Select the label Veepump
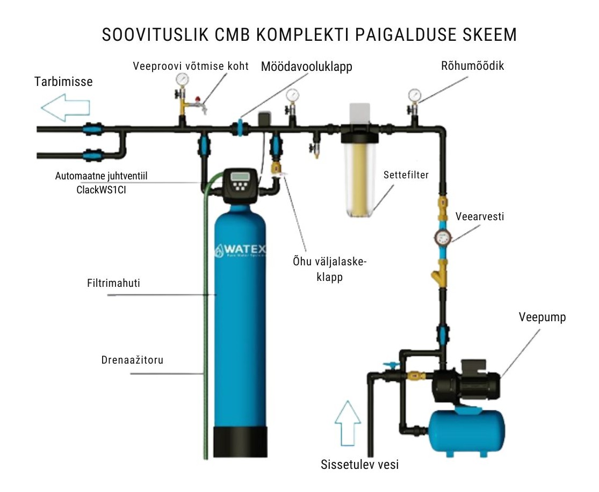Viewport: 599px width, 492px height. pos(542,317)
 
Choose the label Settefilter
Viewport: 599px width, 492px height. pos(406,175)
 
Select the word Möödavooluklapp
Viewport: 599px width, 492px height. pos(306,67)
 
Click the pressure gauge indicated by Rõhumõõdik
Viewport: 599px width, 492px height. pos(414,95)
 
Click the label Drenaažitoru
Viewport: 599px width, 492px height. pos(132,360)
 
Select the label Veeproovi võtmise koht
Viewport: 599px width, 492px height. pos(191,67)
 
